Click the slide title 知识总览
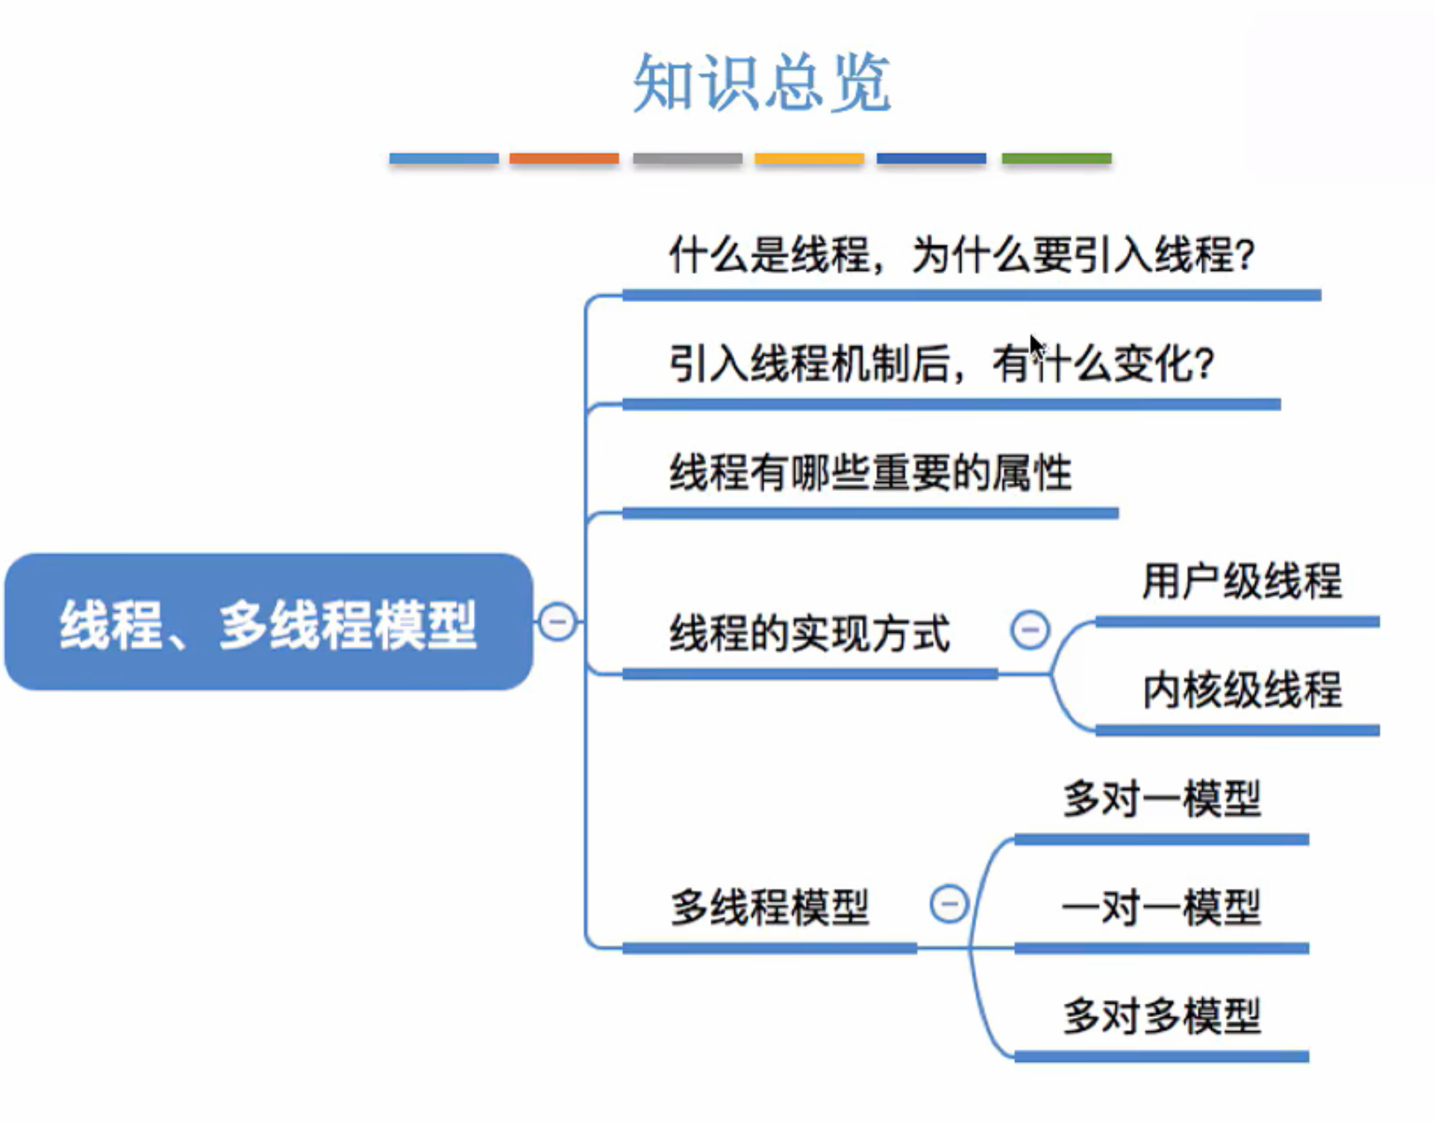coord(761,83)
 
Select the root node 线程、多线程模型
coord(269,622)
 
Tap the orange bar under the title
coord(564,158)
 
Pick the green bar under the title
coord(1056,158)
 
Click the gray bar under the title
coord(687,158)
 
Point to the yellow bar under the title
coord(809,158)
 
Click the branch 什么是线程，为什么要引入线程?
coord(961,255)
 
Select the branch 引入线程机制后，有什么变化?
coord(942,365)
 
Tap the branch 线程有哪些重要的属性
coord(870,473)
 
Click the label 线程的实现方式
coord(810,634)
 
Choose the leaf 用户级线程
coord(1242,581)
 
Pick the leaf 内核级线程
coord(1242,690)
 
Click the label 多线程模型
coord(769,907)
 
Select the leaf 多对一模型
coord(1162,799)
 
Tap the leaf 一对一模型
coord(1162,908)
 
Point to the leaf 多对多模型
coord(1162,1016)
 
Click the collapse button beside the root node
coord(557,622)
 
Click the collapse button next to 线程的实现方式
coord(1030,630)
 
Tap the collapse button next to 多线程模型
coord(949,904)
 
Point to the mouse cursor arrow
coord(1036,345)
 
